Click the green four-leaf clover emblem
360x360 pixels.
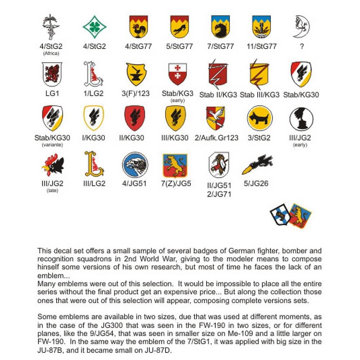(x=94, y=28)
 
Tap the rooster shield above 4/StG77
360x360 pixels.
(x=138, y=27)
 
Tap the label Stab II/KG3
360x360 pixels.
(x=218, y=95)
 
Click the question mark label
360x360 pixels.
(x=302, y=46)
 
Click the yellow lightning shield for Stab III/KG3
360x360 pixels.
(x=260, y=74)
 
